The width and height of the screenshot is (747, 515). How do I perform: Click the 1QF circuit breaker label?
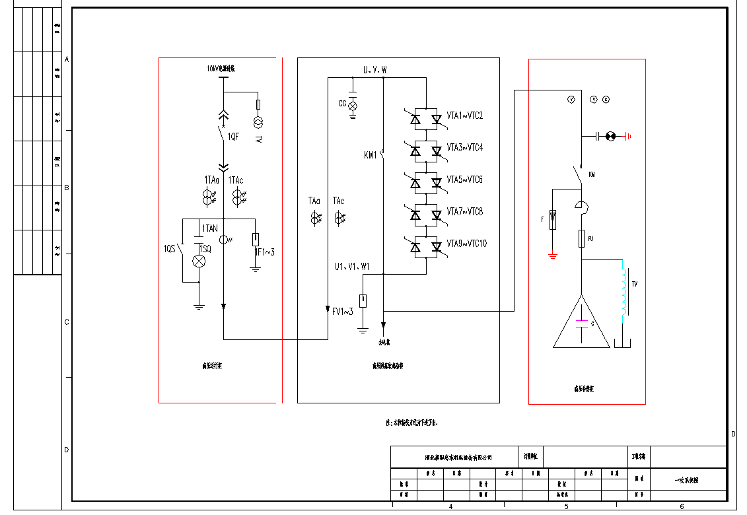click(x=233, y=137)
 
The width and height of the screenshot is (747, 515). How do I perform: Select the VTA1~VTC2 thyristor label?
click(x=465, y=116)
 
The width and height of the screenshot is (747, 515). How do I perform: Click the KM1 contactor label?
click(x=370, y=156)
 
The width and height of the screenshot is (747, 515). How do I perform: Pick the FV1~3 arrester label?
click(x=343, y=312)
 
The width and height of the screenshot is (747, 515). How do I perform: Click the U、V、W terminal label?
click(x=375, y=69)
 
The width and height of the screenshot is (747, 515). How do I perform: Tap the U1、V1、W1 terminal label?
click(x=352, y=267)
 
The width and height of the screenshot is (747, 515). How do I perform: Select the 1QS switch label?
click(x=170, y=249)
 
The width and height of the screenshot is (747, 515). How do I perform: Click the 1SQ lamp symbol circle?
click(x=199, y=261)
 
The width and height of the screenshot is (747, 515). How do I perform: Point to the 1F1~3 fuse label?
click(x=264, y=252)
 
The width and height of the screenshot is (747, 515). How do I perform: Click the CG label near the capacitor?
click(x=342, y=104)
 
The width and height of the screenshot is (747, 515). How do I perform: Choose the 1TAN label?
click(x=210, y=228)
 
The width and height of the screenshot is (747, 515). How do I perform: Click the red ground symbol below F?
click(x=553, y=255)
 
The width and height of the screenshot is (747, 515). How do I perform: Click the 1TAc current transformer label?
click(x=236, y=180)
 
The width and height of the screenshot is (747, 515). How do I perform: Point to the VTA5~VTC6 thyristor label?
click(x=465, y=180)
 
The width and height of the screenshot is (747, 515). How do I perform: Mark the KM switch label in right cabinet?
click(x=591, y=175)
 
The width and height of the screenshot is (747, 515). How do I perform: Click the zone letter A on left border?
click(x=67, y=59)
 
